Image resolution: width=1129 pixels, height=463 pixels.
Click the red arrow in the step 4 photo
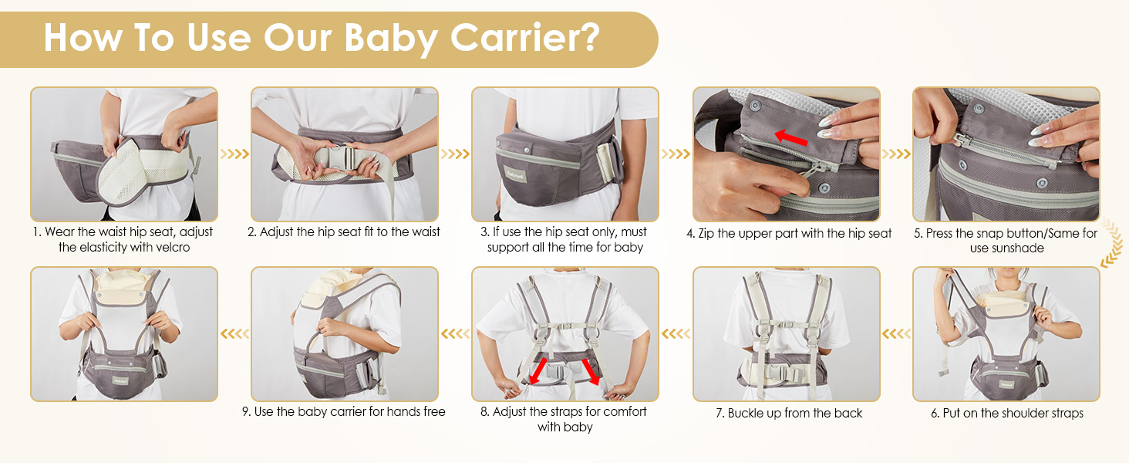pyautogui.click(x=791, y=138)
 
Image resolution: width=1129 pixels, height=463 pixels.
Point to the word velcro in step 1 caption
pyautogui.click(x=167, y=248)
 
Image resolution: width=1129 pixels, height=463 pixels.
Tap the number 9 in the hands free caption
pyautogui.click(x=246, y=412)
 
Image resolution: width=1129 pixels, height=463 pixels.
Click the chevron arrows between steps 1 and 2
pyautogui.click(x=234, y=154)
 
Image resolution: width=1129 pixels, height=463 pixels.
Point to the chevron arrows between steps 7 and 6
pyautogui.click(x=896, y=334)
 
